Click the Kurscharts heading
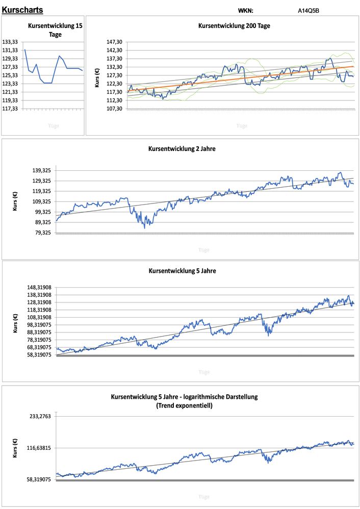pos(22,10)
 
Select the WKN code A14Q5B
pos(309,10)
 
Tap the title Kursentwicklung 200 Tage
pos(234,26)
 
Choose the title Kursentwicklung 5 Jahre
pos(182,271)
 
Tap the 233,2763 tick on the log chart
pos(41,416)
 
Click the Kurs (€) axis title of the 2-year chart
pos(16,201)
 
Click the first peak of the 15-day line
pos(25,49)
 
